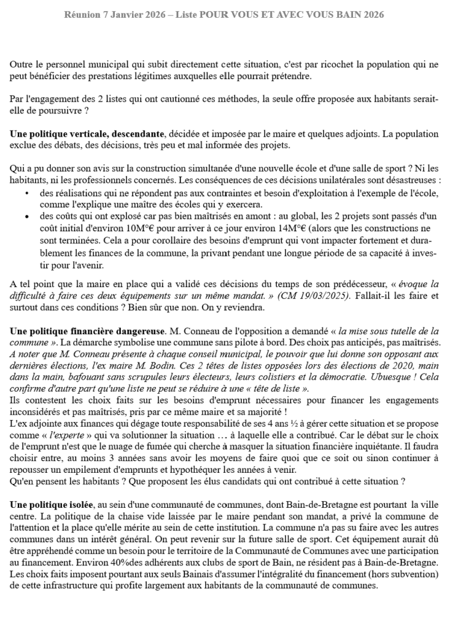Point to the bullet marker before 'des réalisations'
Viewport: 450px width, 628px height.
click(x=28, y=193)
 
